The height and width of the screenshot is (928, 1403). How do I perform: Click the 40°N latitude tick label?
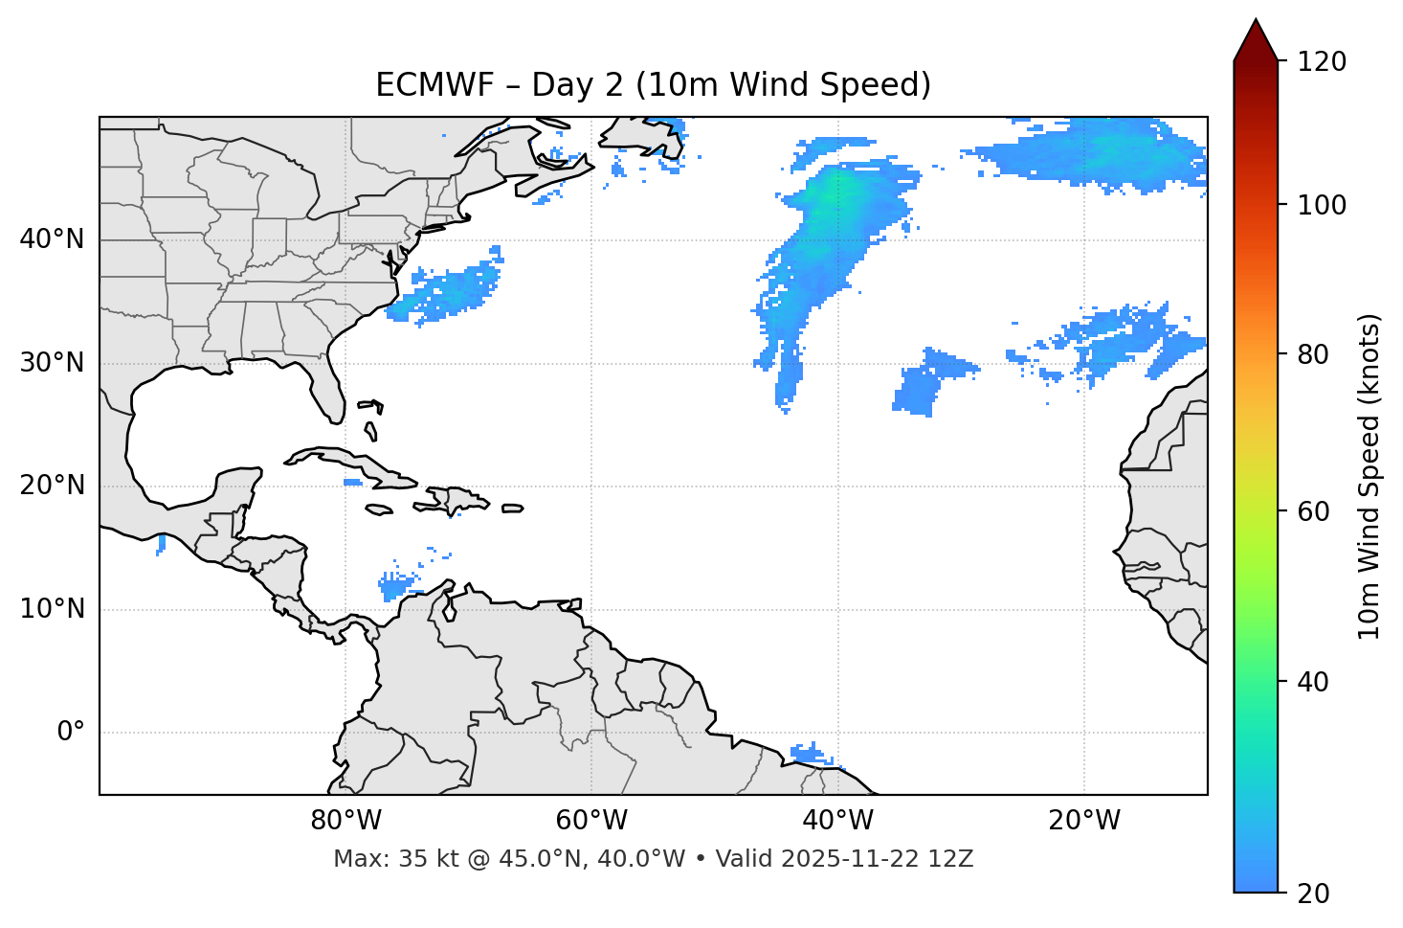click(x=52, y=239)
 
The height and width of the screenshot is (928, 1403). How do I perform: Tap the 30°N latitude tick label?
click(x=52, y=363)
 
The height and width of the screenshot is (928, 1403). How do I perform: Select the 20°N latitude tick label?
click(x=52, y=486)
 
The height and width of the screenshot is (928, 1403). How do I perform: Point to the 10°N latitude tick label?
click(x=52, y=609)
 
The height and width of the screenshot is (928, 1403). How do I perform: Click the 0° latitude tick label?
click(x=71, y=733)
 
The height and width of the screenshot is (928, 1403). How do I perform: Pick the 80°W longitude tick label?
click(x=345, y=821)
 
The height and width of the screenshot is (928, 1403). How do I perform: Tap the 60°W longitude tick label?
click(x=591, y=821)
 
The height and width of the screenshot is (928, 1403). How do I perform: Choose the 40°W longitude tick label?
click(x=837, y=821)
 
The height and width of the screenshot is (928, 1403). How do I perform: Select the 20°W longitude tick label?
click(x=1084, y=821)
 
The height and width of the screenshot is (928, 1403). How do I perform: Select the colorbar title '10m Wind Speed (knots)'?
click(x=1370, y=476)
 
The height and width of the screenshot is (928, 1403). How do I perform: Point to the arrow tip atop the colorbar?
click(x=1256, y=21)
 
